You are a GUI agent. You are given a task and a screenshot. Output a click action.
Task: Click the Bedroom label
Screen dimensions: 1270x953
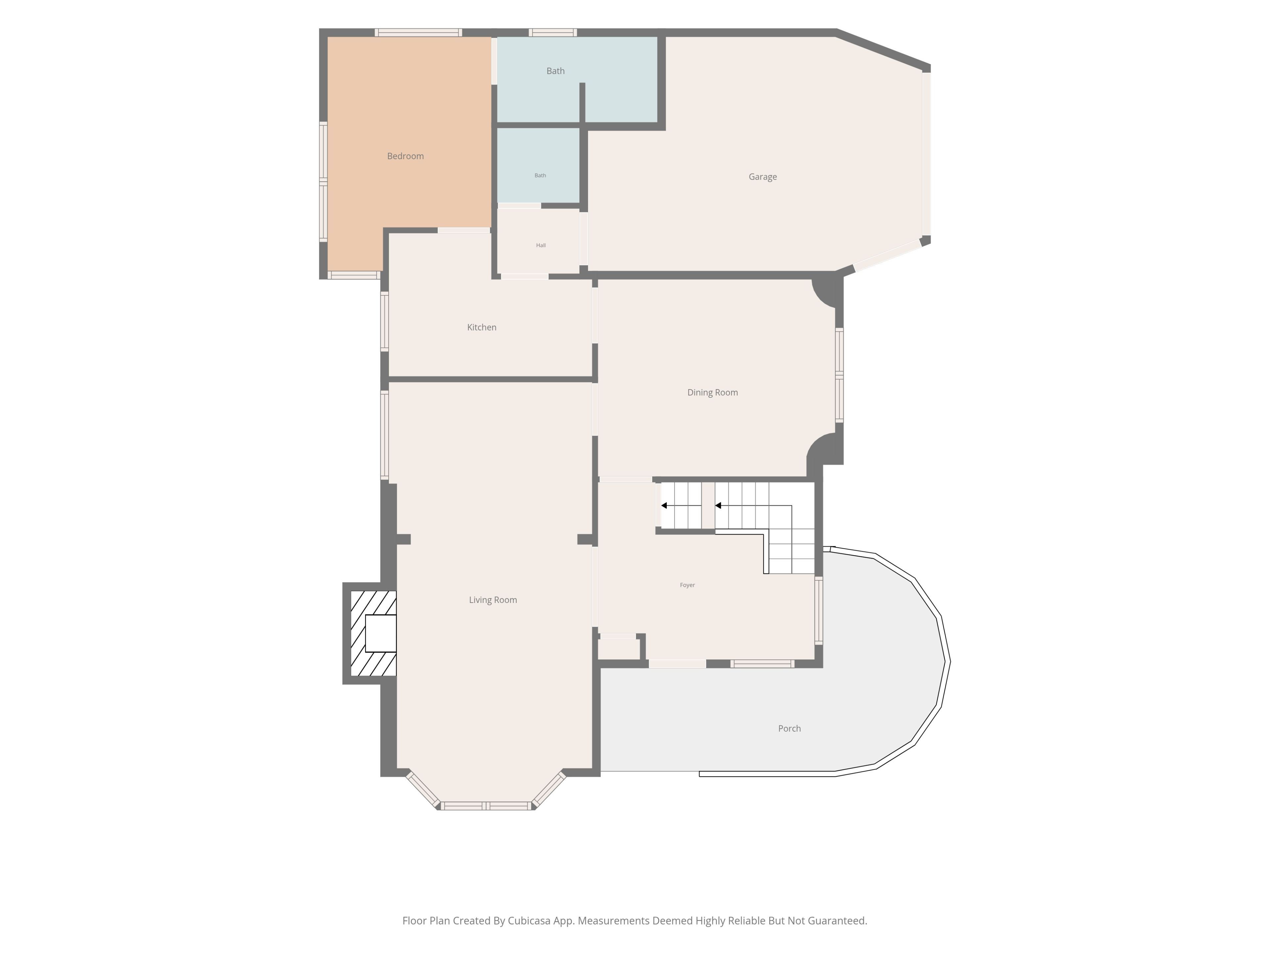click(405, 156)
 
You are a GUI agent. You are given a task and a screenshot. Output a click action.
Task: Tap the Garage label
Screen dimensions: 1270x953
click(762, 177)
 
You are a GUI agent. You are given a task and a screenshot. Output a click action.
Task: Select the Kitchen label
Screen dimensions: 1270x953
click(482, 328)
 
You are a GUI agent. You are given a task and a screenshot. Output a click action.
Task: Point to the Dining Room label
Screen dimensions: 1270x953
click(712, 393)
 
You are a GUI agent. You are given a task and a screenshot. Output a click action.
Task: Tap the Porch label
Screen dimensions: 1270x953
click(789, 728)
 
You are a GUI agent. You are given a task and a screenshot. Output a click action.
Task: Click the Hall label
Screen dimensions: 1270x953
click(541, 245)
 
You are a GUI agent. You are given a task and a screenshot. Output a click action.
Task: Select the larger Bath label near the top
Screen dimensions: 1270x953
click(555, 71)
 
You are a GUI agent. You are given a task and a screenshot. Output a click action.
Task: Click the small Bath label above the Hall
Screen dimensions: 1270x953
click(540, 175)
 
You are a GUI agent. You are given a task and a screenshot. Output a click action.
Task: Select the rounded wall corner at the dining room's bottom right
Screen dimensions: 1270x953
click(822, 449)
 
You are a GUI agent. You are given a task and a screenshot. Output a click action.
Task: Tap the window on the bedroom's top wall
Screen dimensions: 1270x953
click(419, 32)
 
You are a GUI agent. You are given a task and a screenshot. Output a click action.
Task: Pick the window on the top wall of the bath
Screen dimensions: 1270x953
click(553, 32)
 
